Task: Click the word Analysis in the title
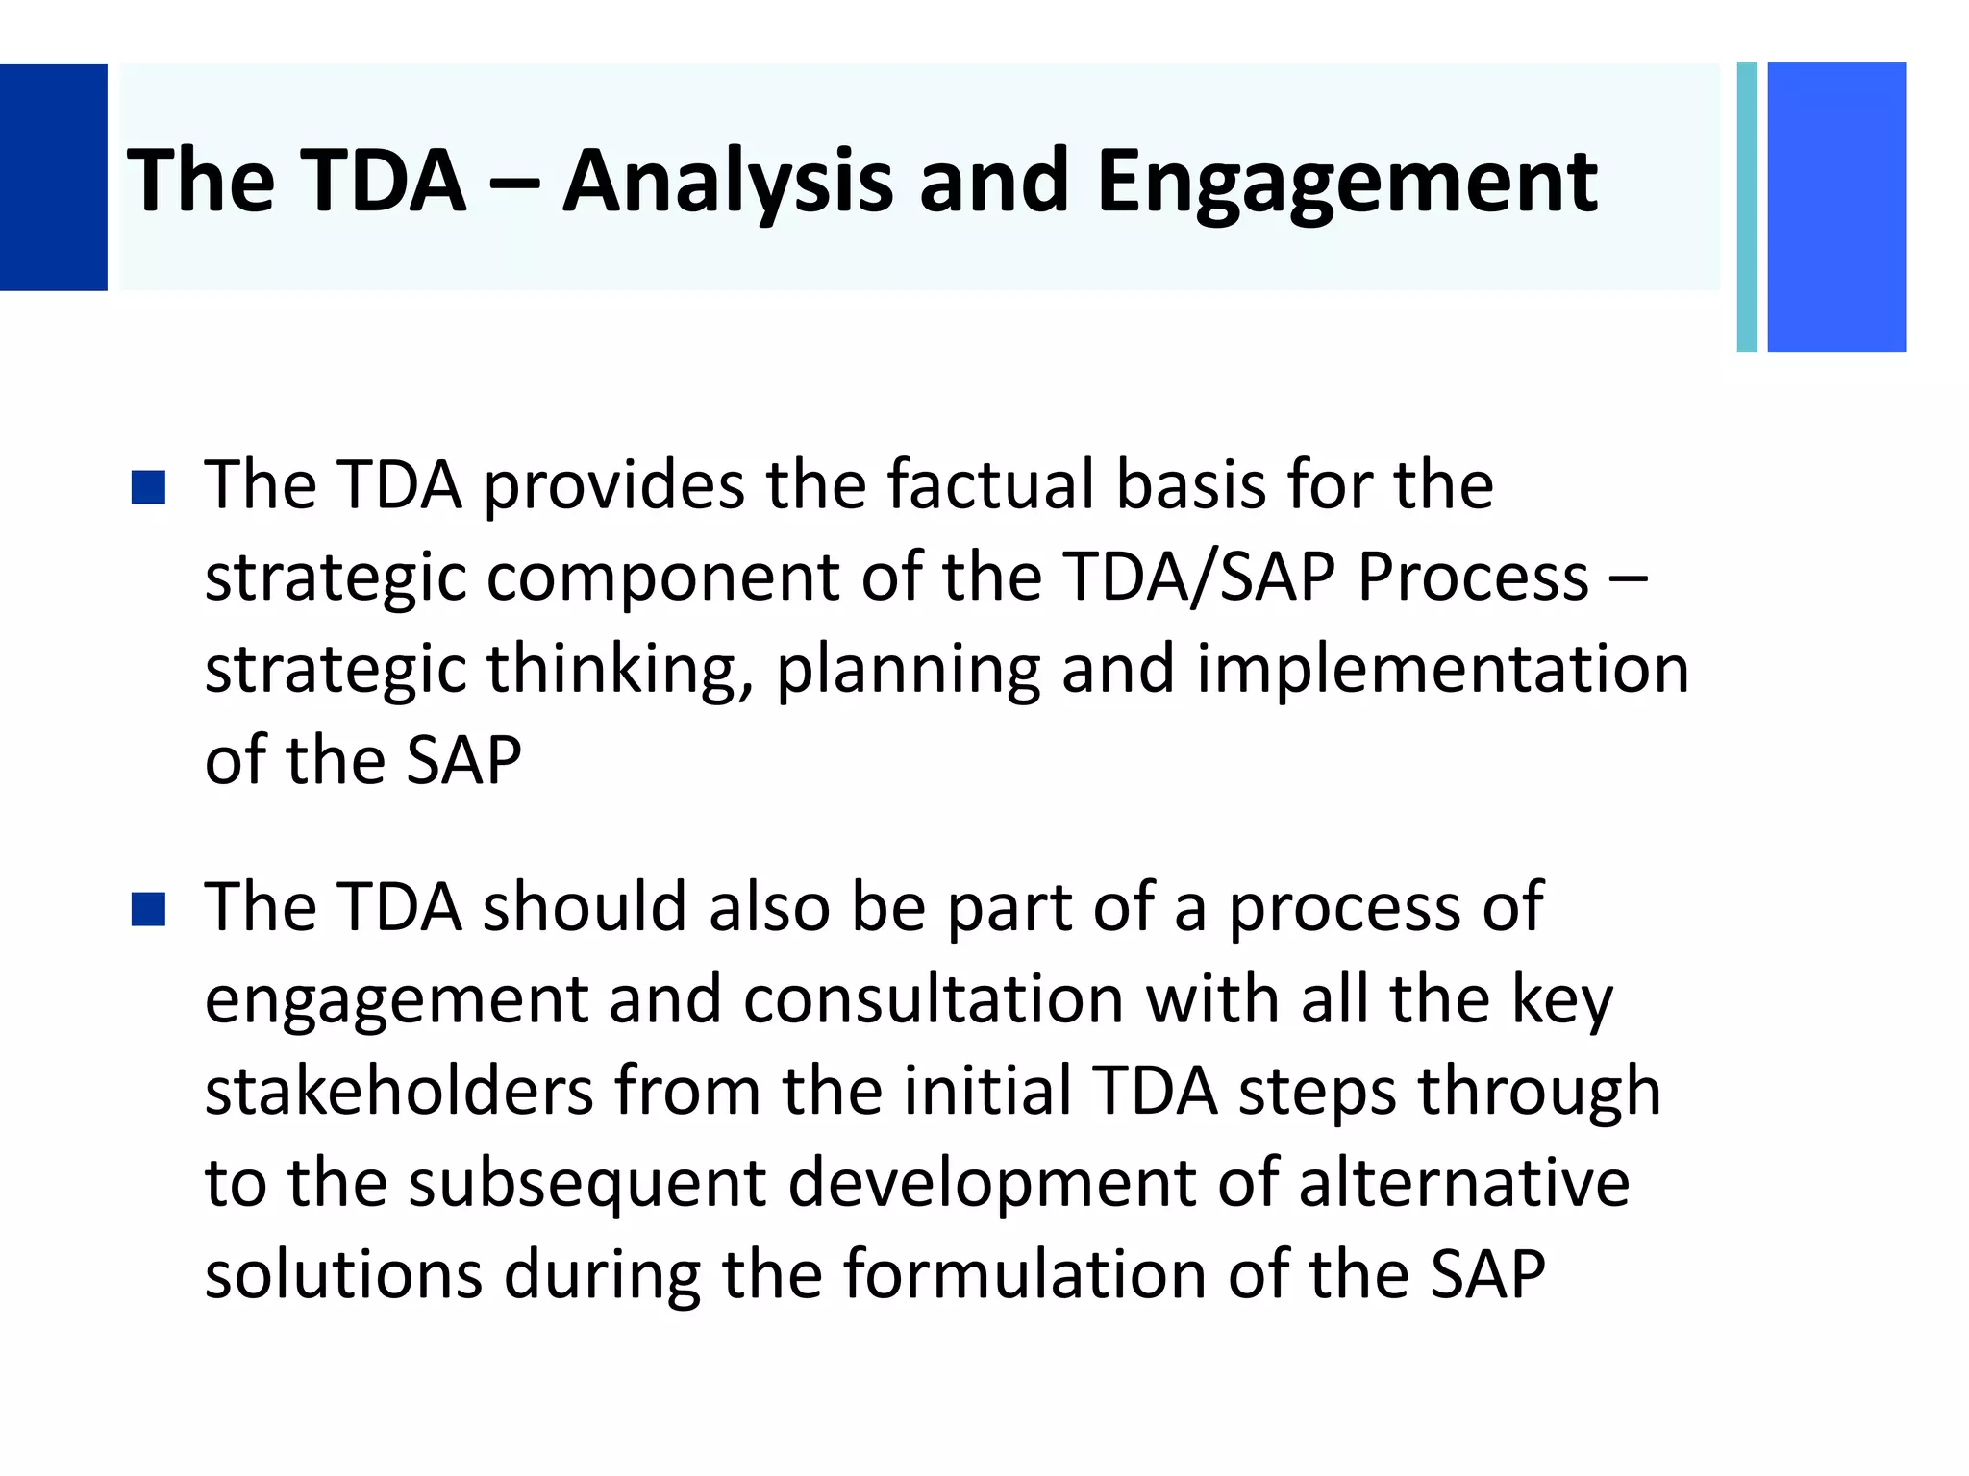coord(728,183)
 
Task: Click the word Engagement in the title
coord(1346,183)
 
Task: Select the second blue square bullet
coord(148,909)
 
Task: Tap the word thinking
coord(619,670)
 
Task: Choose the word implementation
coord(1442,670)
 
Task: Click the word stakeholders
coord(399,1091)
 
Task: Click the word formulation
coord(1025,1274)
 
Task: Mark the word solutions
coord(343,1274)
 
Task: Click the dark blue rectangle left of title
coord(53,178)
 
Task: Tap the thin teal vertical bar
coord(1747,207)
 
